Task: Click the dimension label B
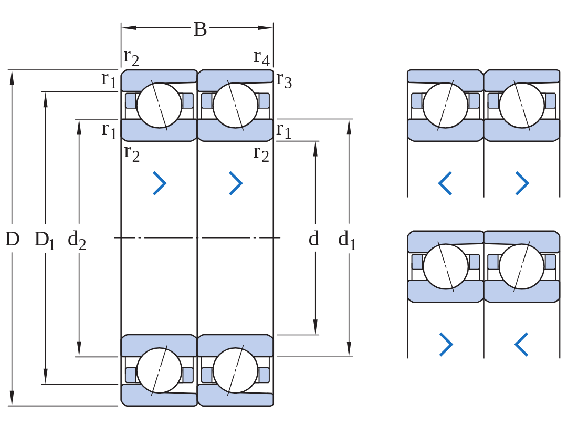point(200,29)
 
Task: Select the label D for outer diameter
point(12,239)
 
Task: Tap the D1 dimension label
point(45,240)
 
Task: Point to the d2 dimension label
point(77,240)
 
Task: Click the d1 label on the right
point(347,240)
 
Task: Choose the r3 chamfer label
point(284,80)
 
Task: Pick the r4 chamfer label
point(262,57)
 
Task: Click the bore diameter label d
point(314,239)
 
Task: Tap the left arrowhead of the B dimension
point(129,27)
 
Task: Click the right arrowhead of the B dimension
point(266,27)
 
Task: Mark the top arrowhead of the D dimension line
point(12,77)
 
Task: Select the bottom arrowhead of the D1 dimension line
point(46,377)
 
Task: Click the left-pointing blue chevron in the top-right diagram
point(445,183)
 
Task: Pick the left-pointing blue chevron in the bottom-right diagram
point(521,345)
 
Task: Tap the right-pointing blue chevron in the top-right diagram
point(522,183)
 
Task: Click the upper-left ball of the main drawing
point(159,106)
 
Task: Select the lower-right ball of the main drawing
point(235,370)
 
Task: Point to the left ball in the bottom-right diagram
point(446,266)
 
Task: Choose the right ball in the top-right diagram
point(522,106)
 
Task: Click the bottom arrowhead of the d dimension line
point(316,327)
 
